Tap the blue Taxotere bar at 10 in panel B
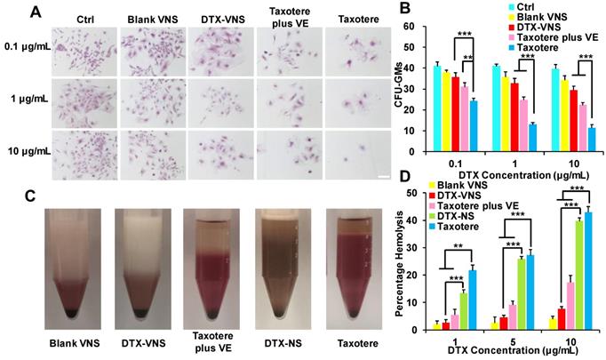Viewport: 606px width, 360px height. pos(591,142)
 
